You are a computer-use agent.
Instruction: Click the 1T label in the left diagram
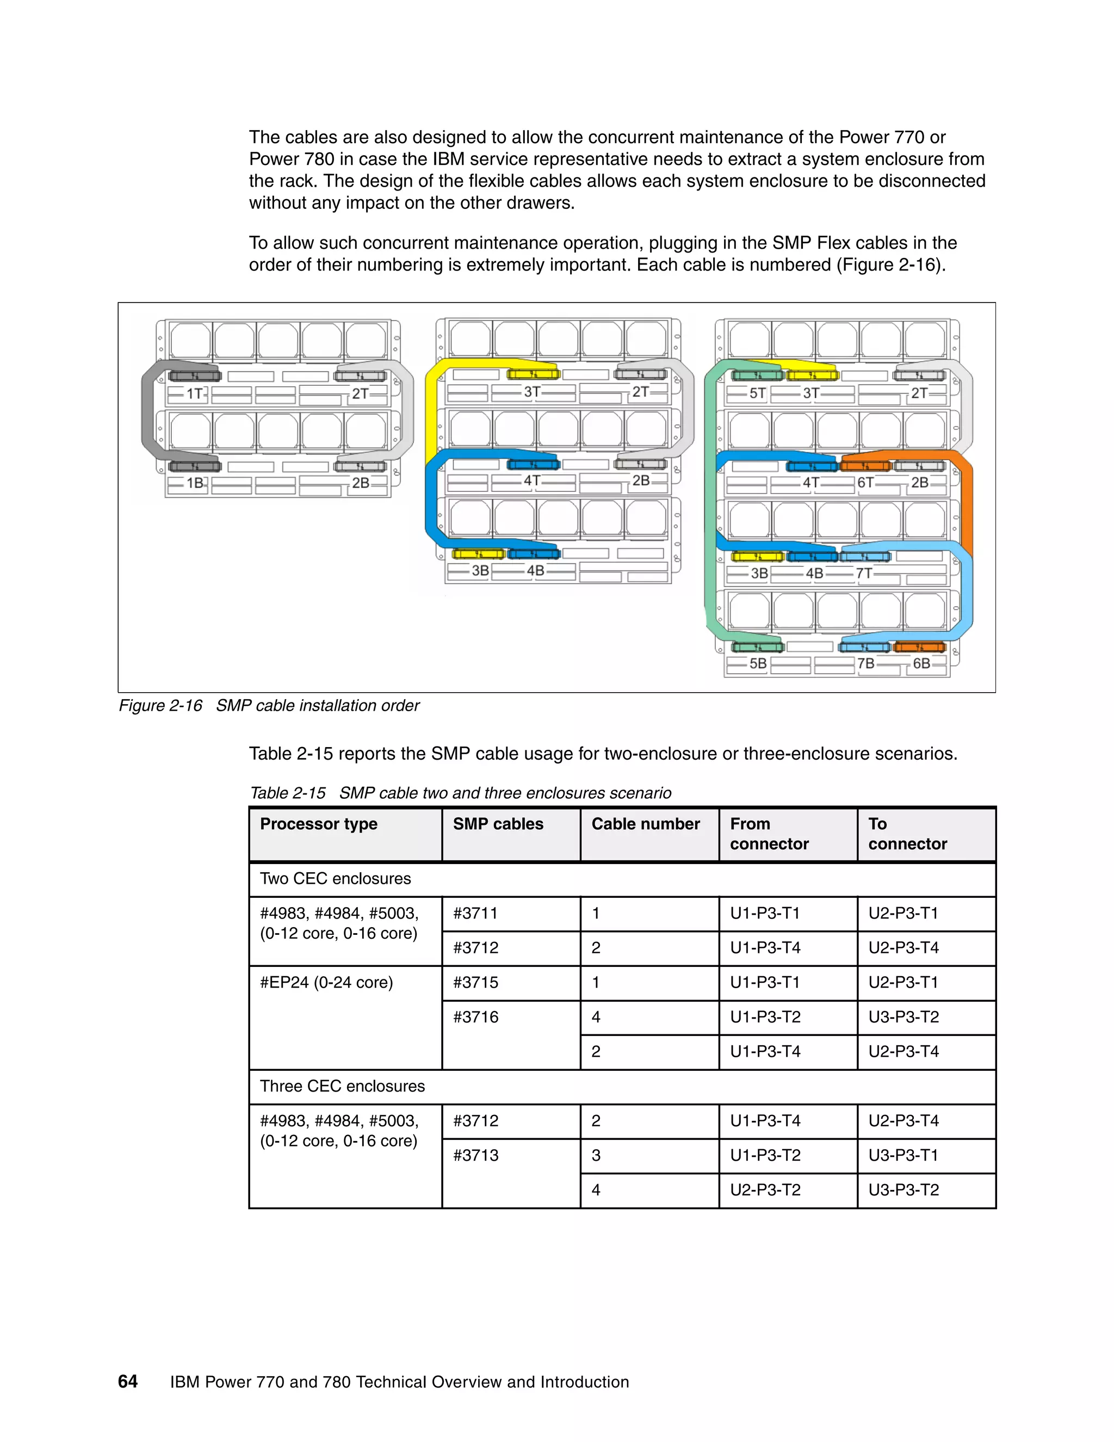(194, 394)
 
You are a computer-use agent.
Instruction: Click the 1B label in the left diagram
(195, 483)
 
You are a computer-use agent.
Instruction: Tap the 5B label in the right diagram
(758, 663)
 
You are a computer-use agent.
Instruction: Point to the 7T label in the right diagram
(864, 573)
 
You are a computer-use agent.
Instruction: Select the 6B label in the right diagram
(921, 663)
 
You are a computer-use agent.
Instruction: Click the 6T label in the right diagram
(865, 483)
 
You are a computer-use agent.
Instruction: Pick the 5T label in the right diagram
(757, 394)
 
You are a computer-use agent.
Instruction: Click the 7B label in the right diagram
(865, 663)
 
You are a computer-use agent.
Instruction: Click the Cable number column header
(646, 824)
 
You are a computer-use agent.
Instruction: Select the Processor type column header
(319, 824)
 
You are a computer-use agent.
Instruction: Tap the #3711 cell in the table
(475, 914)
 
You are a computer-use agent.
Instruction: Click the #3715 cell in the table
(475, 982)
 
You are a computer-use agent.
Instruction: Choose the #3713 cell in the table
(475, 1155)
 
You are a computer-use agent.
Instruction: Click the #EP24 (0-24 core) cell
(326, 982)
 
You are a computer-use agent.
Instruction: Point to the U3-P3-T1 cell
(903, 1155)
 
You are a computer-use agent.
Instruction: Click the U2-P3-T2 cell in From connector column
(765, 1190)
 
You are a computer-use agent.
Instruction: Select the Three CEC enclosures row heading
(342, 1086)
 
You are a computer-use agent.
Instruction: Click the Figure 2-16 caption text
(269, 706)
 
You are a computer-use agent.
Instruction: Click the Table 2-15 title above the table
(460, 793)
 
